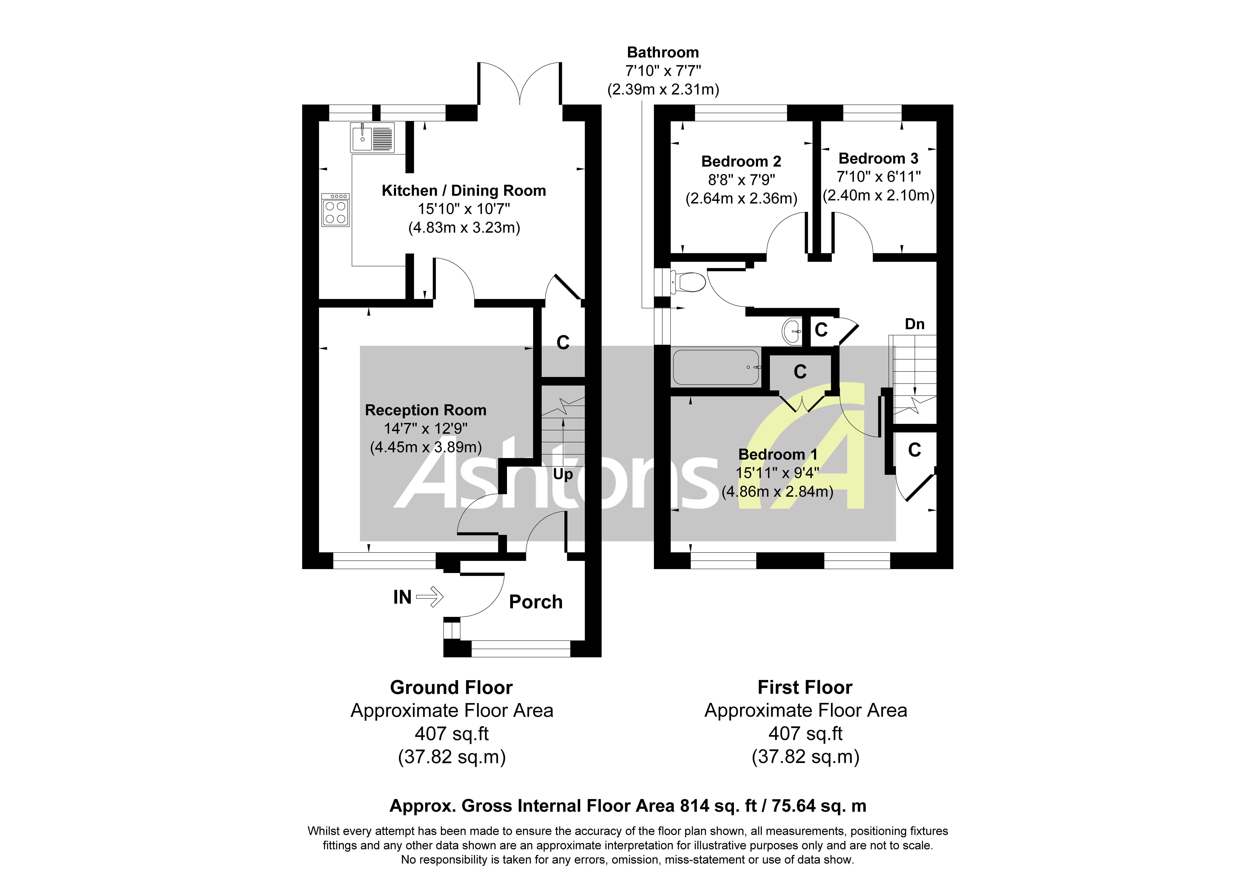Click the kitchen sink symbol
(x=372, y=137)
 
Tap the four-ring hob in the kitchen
(x=335, y=211)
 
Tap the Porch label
(x=536, y=602)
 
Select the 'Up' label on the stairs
(x=563, y=474)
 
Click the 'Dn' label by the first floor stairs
(x=915, y=324)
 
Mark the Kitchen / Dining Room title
(x=463, y=191)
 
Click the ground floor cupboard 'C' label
(x=563, y=343)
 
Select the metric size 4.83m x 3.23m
(x=464, y=228)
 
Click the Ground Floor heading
(x=451, y=687)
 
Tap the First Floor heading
(x=805, y=687)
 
